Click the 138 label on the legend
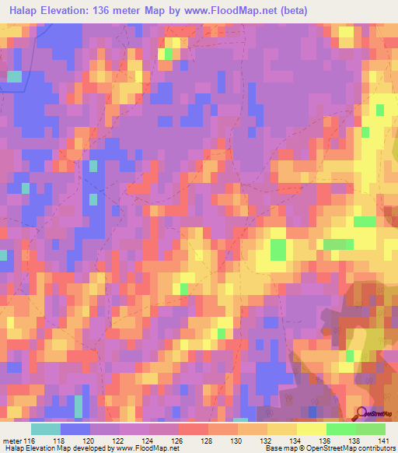tap(355, 440)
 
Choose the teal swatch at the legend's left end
tap(46, 429)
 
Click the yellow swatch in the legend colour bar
tap(312, 429)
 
